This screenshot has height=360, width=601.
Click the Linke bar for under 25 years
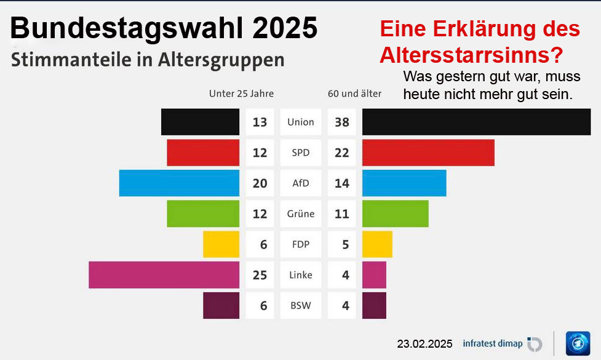(x=164, y=275)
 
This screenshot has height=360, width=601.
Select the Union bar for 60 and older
(x=476, y=122)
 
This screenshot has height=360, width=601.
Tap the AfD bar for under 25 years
(x=179, y=183)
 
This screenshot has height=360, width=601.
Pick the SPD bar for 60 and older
(x=428, y=153)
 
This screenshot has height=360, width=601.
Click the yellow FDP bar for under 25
(x=221, y=244)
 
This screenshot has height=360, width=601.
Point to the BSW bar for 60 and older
(x=374, y=305)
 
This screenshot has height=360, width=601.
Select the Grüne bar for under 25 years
(x=203, y=214)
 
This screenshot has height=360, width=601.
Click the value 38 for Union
(x=342, y=122)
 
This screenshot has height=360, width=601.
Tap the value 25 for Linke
(x=260, y=275)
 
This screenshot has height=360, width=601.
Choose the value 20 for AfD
(x=260, y=183)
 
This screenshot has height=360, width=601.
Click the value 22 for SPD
(x=342, y=153)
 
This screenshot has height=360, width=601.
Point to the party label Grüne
(x=301, y=214)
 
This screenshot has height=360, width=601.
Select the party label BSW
(x=301, y=306)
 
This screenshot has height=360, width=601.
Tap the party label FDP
(x=301, y=244)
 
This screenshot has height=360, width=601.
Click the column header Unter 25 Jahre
(x=241, y=94)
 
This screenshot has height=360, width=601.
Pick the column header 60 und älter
(x=354, y=94)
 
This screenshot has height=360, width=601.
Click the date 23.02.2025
(x=424, y=343)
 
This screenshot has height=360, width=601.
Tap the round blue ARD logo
(x=578, y=343)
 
